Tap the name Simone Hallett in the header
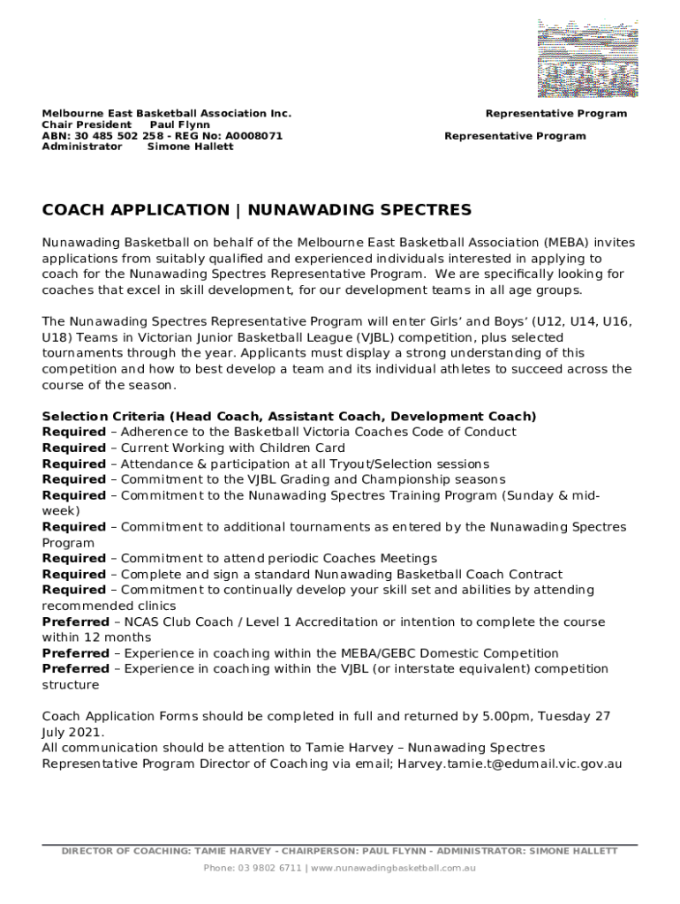tap(190, 147)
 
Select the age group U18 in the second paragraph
tap(57, 338)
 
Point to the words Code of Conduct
tap(465, 433)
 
